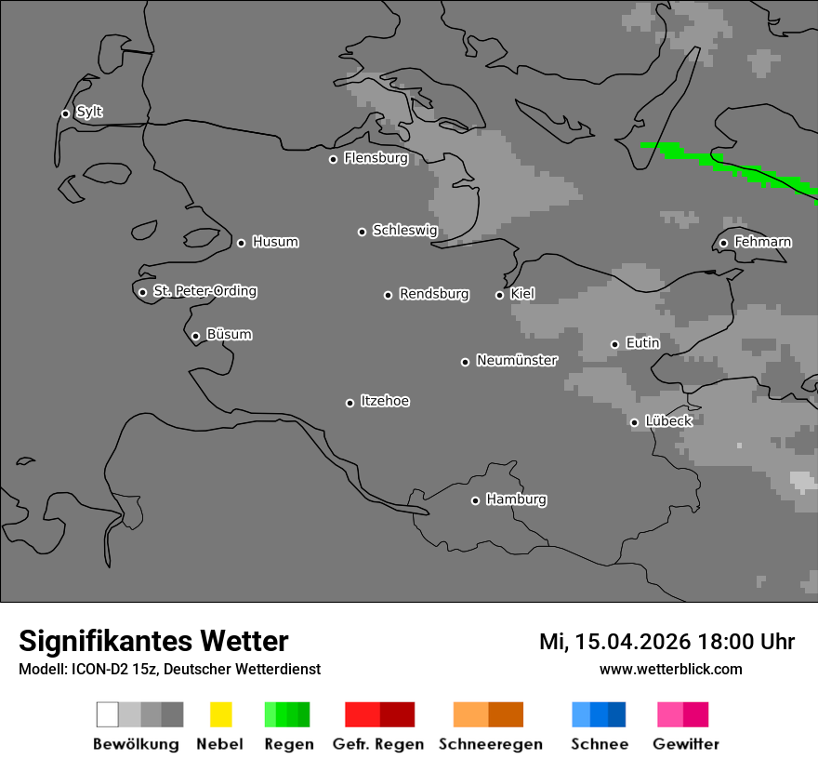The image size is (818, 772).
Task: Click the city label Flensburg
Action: click(x=376, y=158)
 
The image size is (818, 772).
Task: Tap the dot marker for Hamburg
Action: click(x=475, y=500)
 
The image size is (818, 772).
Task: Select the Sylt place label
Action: click(x=89, y=113)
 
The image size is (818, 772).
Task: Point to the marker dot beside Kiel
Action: click(x=499, y=295)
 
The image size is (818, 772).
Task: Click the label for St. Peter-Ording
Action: click(x=204, y=291)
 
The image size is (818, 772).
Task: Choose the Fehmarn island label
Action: click(x=762, y=242)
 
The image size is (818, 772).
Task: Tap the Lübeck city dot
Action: click(x=634, y=422)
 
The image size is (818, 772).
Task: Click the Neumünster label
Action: click(x=517, y=360)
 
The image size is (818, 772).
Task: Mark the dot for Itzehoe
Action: click(x=350, y=403)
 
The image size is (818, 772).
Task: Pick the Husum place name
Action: click(x=275, y=242)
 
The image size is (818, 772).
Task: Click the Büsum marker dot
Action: click(x=195, y=336)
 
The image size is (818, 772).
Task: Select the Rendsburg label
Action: click(x=434, y=294)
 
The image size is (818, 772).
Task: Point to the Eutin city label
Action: click(x=642, y=343)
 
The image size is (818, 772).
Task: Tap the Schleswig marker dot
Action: click(x=362, y=232)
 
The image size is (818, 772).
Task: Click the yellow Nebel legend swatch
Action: click(x=220, y=714)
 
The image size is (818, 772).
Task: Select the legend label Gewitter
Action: click(x=686, y=744)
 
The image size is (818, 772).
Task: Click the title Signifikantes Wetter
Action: click(x=153, y=641)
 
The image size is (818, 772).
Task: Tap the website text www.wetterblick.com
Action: click(x=670, y=669)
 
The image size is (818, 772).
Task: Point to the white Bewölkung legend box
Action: click(x=107, y=714)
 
